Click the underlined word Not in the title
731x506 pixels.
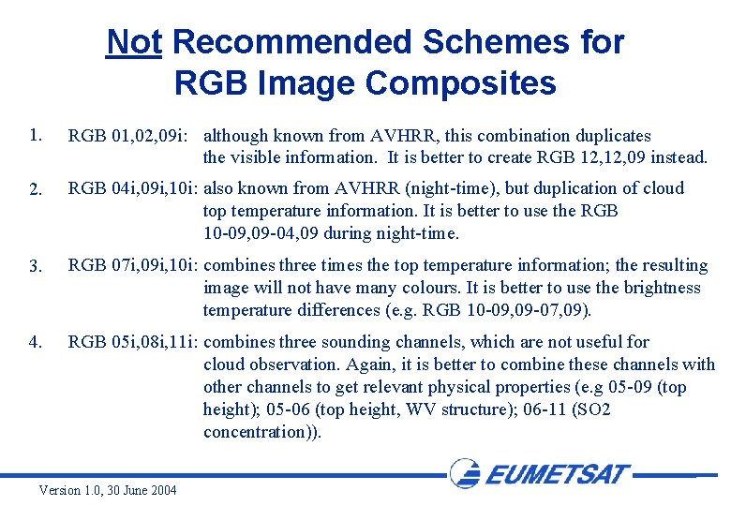[x=134, y=42]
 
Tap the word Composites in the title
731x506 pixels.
[x=460, y=83]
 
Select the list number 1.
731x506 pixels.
[x=36, y=135]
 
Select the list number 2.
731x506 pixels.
[x=36, y=189]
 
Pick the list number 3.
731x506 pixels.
[x=36, y=267]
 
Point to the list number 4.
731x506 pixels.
[x=36, y=343]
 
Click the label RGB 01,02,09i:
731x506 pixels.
[x=131, y=136]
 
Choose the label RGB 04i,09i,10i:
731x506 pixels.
[x=133, y=188]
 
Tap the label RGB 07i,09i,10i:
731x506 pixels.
[x=133, y=266]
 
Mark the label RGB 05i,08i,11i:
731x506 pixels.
[x=133, y=342]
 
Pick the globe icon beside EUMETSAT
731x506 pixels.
[x=465, y=473]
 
